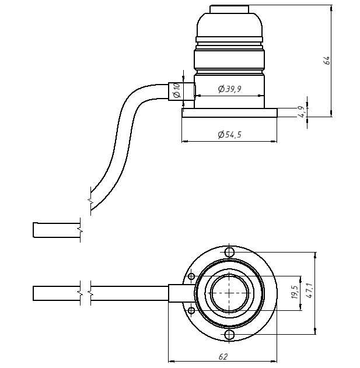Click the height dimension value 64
point(328,60)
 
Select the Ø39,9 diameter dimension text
point(229,89)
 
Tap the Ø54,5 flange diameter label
point(229,135)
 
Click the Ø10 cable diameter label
point(177,90)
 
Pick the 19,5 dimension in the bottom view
point(294,292)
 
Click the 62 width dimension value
point(222,356)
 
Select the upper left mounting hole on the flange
point(191,276)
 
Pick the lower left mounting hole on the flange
point(191,310)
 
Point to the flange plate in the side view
point(229,113)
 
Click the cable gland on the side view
point(174,91)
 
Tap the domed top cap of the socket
point(229,23)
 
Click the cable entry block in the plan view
point(180,293)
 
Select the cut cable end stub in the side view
point(56,230)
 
